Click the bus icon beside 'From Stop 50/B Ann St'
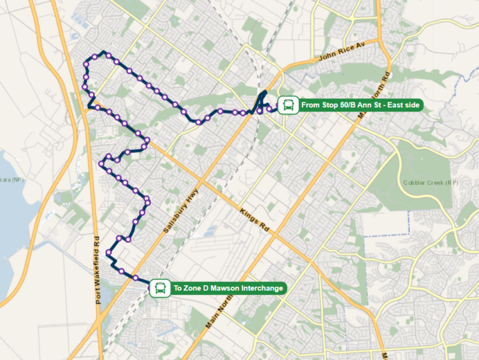pyautogui.click(x=288, y=105)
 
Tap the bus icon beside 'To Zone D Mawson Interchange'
pyautogui.click(x=160, y=288)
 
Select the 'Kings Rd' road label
pyautogui.click(x=256, y=221)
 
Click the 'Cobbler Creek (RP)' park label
pyautogui.click(x=430, y=183)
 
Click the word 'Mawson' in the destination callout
pyautogui.click(x=226, y=288)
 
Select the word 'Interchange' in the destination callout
pyautogui.click(x=262, y=288)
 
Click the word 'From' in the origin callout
pyautogui.click(x=311, y=105)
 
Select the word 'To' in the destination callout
pyautogui.click(x=178, y=288)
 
